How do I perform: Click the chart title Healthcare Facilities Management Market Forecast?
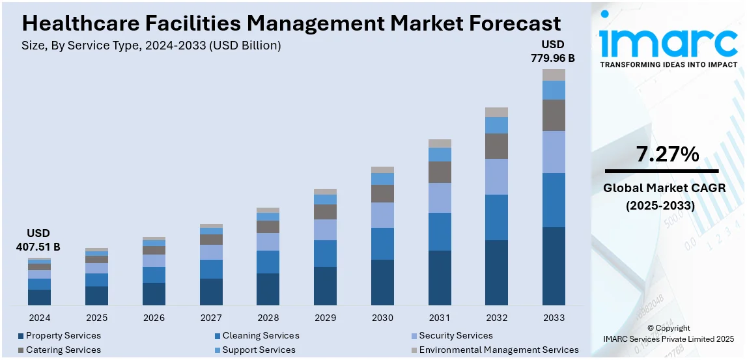click(291, 23)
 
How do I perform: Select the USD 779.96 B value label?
click(554, 51)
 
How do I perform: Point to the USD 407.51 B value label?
click(38, 240)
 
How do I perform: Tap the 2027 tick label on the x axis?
click(211, 318)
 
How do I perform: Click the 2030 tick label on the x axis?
click(382, 318)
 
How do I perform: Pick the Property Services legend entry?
click(63, 336)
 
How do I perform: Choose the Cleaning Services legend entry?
click(261, 336)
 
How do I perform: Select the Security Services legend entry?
click(455, 336)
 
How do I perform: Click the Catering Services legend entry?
click(63, 350)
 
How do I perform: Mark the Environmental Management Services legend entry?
click(498, 350)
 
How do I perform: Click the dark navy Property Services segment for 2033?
click(554, 266)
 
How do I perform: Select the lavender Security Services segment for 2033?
click(554, 152)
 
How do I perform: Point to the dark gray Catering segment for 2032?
click(496, 146)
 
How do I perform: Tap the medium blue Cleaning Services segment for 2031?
click(440, 231)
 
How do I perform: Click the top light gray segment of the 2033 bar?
click(554, 75)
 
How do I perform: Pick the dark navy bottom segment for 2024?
click(39, 297)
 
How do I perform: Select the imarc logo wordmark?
click(668, 42)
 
